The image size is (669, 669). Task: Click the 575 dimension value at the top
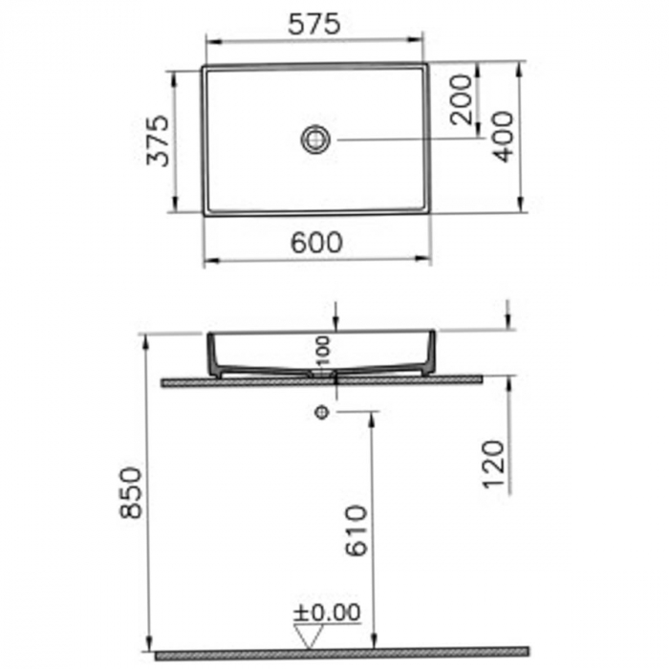(314, 24)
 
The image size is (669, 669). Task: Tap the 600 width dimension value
(316, 243)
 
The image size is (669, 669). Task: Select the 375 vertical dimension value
(158, 140)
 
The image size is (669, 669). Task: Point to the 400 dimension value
(503, 136)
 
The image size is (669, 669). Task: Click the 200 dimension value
(462, 99)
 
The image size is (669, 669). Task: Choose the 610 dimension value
(355, 531)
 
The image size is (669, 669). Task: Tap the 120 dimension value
(492, 464)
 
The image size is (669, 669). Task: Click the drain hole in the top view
(315, 140)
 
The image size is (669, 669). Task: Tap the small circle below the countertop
(321, 412)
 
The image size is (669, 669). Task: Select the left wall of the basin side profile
(213, 353)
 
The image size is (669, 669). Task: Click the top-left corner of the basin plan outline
(204, 67)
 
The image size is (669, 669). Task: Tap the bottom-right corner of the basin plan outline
(427, 213)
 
